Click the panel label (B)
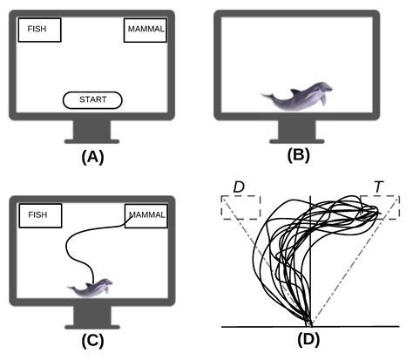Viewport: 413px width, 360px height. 298,158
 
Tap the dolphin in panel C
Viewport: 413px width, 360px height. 90,289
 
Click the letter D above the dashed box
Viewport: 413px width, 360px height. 237,186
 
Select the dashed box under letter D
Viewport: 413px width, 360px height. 240,207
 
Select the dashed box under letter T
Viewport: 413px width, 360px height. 381,207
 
